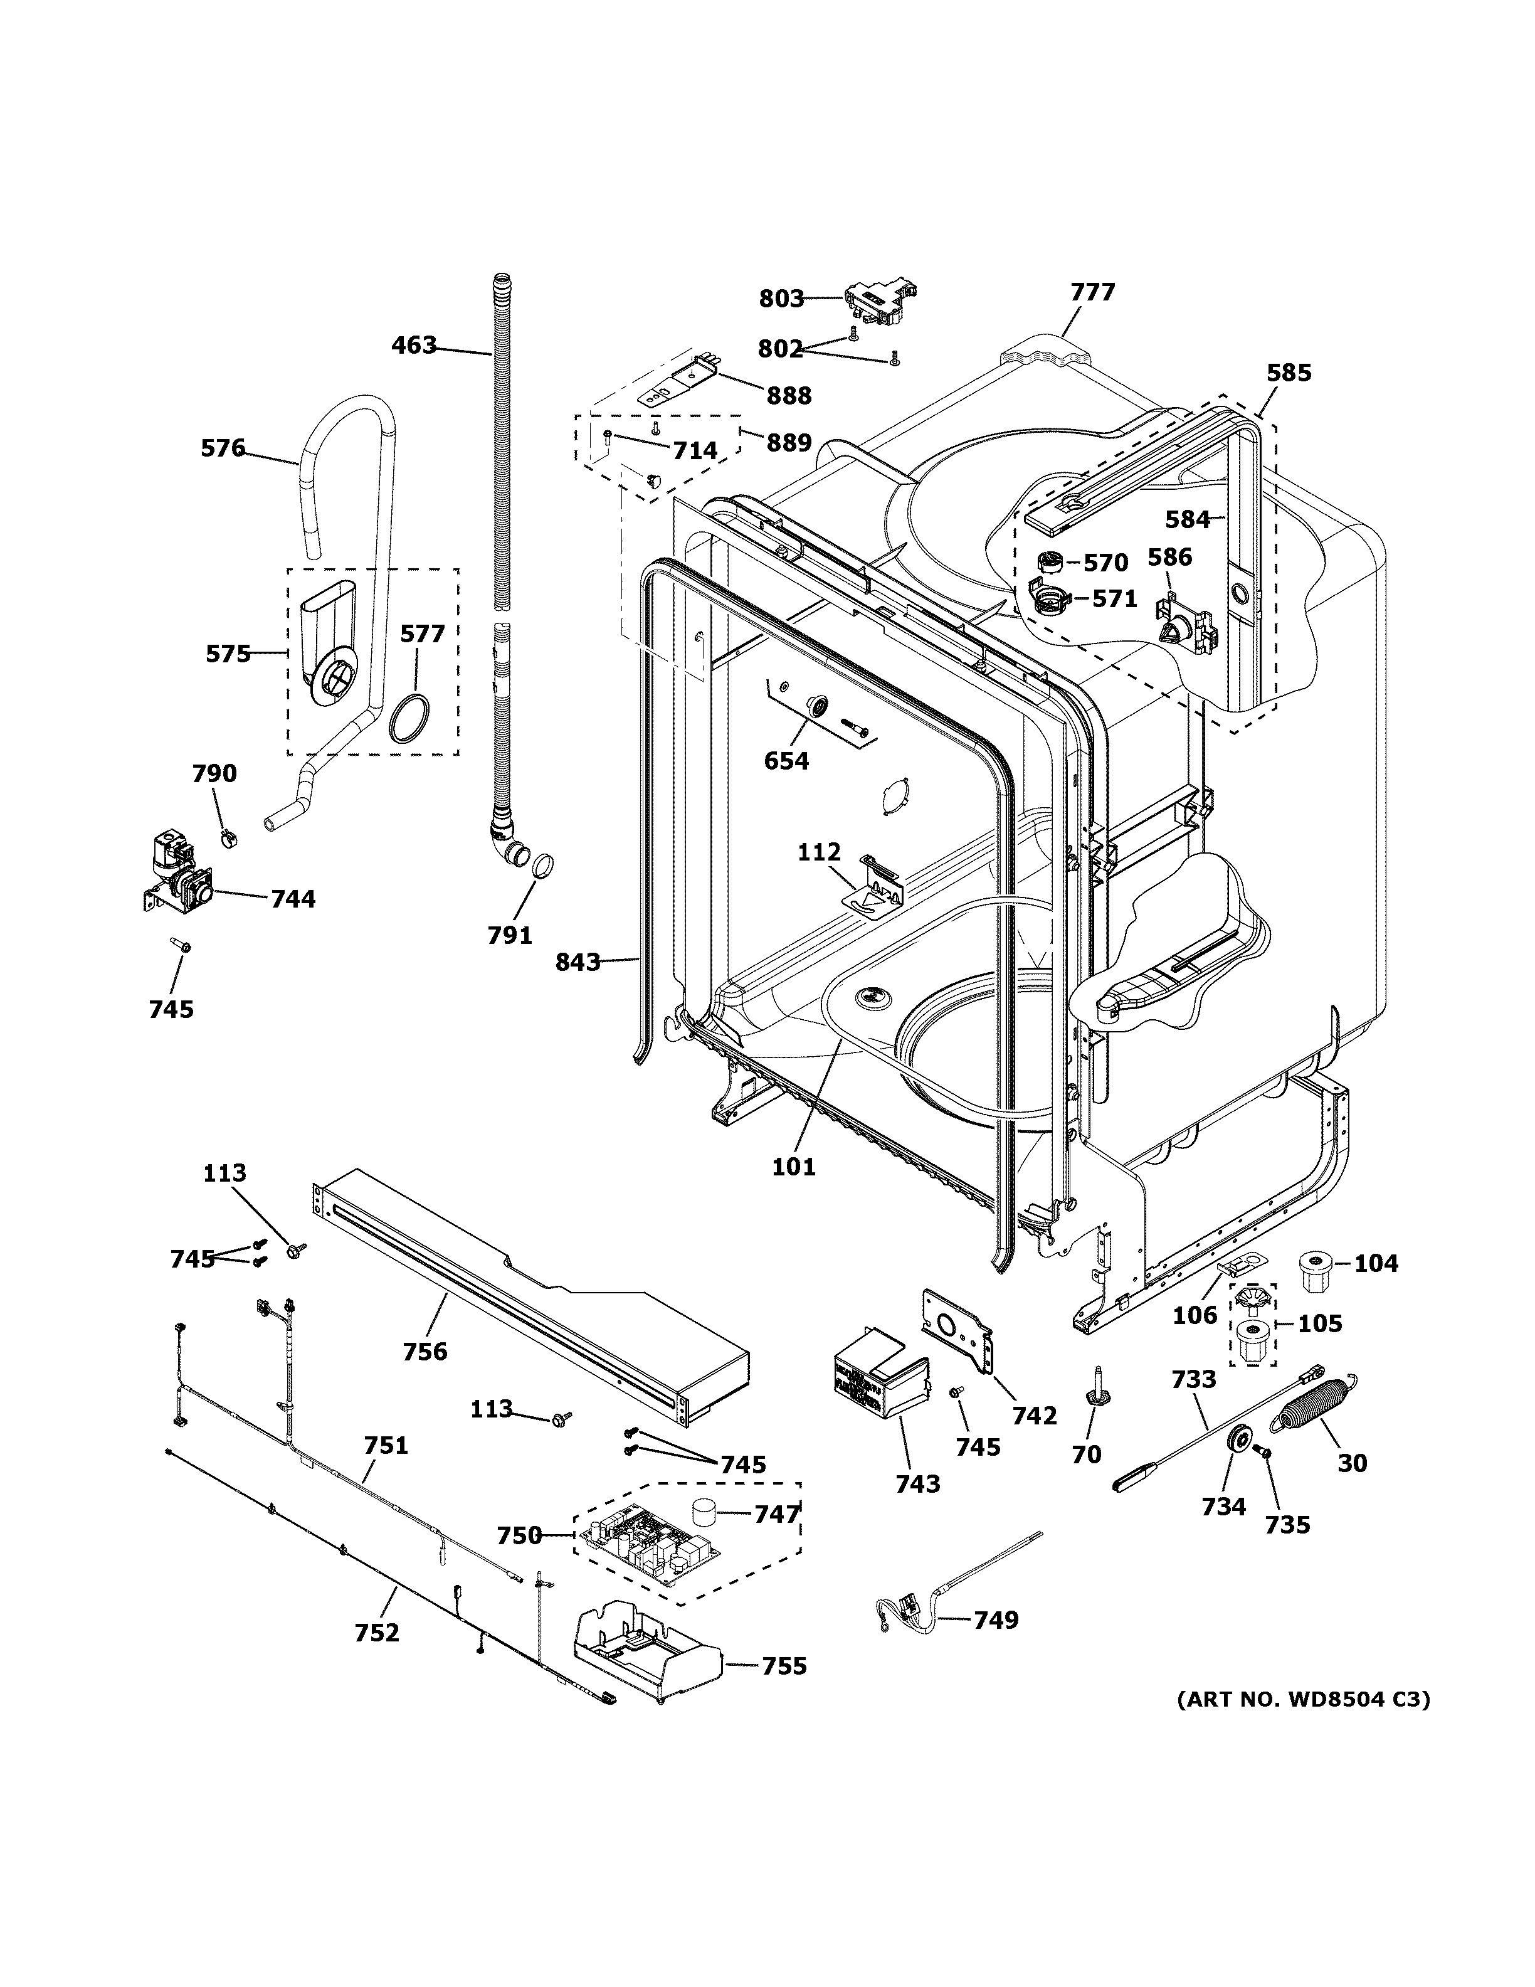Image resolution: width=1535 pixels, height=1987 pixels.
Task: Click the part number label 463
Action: (414, 346)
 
